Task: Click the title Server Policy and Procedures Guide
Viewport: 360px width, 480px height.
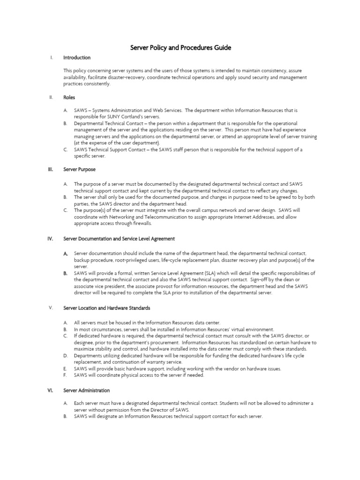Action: [x=180, y=48]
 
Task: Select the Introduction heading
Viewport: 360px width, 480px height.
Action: [x=77, y=58]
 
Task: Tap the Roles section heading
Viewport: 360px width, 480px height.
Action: [x=69, y=97]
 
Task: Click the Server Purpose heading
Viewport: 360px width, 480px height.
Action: [x=79, y=169]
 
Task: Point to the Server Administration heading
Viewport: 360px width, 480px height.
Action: [x=86, y=390]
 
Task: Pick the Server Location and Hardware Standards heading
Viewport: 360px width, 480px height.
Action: [x=107, y=308]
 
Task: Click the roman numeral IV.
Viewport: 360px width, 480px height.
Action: [x=50, y=239]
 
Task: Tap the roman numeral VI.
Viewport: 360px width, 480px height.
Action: [x=50, y=390]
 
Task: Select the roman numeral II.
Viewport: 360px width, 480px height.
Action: [x=50, y=97]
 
